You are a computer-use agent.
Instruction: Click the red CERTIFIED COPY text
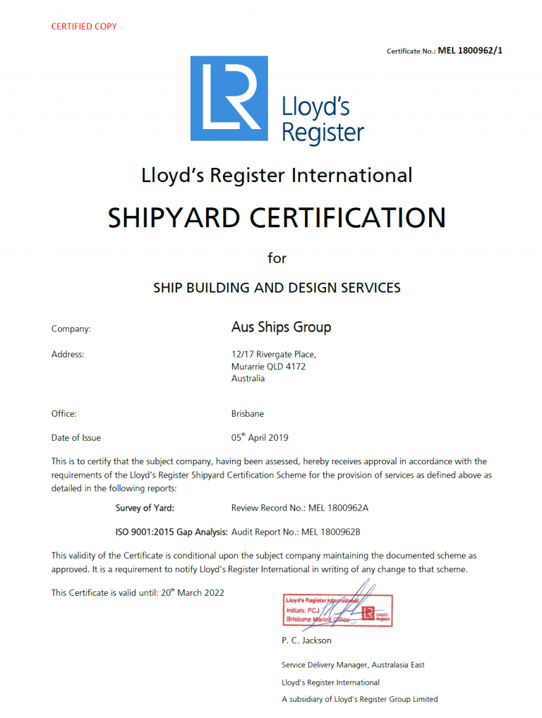click(x=84, y=26)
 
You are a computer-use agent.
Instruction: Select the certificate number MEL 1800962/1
click(x=471, y=50)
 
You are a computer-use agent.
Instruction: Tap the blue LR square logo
click(x=229, y=98)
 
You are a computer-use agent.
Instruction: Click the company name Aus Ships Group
click(x=281, y=327)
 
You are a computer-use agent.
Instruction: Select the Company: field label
click(x=71, y=329)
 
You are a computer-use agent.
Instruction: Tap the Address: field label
click(x=68, y=354)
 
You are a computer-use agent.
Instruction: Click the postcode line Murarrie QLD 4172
click(x=268, y=367)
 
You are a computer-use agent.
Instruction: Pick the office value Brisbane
click(x=247, y=414)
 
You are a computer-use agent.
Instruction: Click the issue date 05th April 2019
click(x=260, y=437)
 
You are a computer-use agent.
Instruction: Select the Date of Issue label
click(x=76, y=438)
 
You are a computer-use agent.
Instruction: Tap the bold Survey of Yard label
click(x=145, y=508)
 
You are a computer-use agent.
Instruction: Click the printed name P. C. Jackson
click(x=306, y=640)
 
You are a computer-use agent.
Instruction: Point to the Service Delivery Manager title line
click(x=353, y=664)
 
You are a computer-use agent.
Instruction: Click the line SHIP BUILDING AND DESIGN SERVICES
click(x=277, y=288)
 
